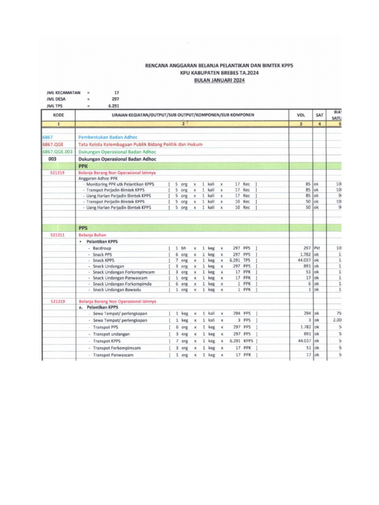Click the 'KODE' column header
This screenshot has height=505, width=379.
click(x=58, y=115)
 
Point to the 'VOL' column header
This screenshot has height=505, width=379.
click(x=301, y=115)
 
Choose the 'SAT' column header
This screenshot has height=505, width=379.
click(x=319, y=115)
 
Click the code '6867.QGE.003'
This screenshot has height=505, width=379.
click(x=58, y=152)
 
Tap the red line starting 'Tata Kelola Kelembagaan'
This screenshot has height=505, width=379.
click(x=140, y=144)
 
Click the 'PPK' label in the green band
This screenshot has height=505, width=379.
click(x=83, y=167)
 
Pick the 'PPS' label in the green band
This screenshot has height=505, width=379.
click(x=83, y=228)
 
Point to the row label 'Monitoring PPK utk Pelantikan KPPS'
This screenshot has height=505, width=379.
click(x=120, y=184)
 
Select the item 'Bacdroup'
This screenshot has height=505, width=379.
click(x=101, y=248)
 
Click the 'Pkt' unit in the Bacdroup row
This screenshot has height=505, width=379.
click(x=317, y=248)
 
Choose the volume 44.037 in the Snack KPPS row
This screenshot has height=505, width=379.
click(x=303, y=260)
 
